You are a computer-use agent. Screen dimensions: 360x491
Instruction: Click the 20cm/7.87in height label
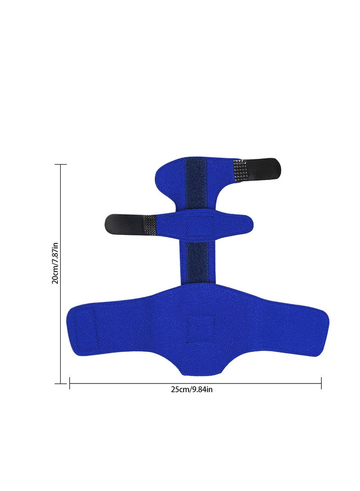[55, 263]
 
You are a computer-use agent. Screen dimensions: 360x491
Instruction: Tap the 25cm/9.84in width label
[192, 389]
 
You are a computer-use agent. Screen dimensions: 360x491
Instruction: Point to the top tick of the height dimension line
[61, 164]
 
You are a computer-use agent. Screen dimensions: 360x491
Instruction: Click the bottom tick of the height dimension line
[61, 383]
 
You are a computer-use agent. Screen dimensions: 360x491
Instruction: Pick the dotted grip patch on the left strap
[150, 225]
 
